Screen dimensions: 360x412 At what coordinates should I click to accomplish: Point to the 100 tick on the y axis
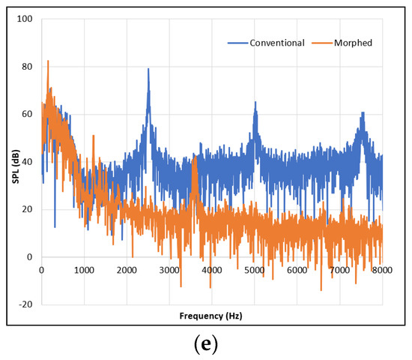click(27, 19)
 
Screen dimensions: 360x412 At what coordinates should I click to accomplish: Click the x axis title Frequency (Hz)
click(212, 316)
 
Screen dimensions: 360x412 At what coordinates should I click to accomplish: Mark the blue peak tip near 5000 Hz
click(255, 102)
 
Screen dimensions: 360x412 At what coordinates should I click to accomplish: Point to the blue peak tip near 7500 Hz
click(363, 112)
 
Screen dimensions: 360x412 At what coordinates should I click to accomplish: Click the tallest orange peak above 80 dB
click(48, 61)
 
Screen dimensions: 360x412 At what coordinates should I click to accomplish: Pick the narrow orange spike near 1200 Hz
click(94, 135)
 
